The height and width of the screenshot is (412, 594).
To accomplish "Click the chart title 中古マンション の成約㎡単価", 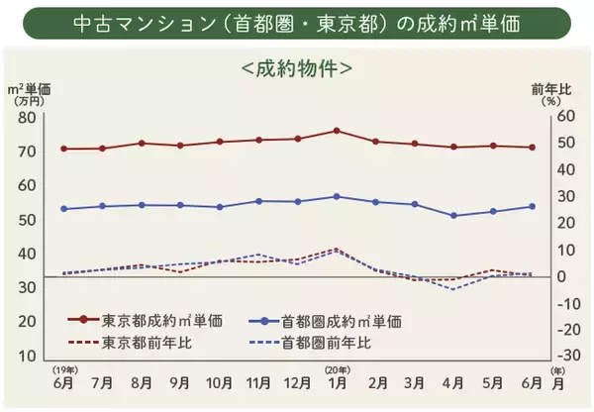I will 297,23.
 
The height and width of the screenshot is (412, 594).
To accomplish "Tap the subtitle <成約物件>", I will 297,70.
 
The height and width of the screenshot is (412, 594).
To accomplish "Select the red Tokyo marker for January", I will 337,131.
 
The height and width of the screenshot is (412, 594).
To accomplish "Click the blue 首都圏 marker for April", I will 453,215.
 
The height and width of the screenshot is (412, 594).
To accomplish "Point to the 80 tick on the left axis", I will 26,117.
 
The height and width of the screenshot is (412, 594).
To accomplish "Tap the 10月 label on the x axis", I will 219,383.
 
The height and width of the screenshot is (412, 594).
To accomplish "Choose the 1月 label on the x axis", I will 338,383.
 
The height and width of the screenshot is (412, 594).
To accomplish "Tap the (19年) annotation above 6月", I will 64,368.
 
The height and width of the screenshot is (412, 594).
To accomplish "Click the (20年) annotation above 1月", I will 337,368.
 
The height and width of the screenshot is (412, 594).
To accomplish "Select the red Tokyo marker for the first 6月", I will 64,149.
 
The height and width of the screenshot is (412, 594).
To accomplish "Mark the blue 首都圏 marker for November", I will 258,201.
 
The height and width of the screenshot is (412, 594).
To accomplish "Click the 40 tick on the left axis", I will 26,254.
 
